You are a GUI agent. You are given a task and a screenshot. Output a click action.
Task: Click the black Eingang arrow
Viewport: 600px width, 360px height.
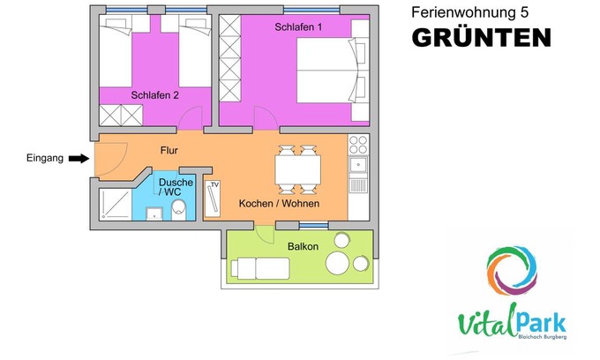tap(79, 159)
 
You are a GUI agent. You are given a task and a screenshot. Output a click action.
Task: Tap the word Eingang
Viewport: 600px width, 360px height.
tap(45, 158)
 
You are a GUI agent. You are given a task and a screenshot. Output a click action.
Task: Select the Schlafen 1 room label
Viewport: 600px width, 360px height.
tap(298, 27)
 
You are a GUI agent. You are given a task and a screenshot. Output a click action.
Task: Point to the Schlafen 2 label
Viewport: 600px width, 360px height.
tap(154, 95)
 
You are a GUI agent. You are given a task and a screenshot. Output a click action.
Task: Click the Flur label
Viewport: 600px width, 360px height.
tap(169, 150)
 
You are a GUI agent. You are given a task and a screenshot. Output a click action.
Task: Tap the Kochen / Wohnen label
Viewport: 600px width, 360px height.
tap(279, 204)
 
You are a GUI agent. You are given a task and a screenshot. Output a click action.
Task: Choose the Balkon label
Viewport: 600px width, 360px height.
tap(303, 246)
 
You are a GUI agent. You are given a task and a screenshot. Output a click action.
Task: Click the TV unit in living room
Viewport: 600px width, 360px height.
tap(213, 199)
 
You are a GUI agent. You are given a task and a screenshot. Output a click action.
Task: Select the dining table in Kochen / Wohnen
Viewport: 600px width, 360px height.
tap(297, 170)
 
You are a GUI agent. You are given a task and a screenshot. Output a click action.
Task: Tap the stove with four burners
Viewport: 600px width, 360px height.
tap(358, 145)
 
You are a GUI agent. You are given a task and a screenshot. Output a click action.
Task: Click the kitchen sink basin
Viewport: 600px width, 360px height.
tap(358, 165)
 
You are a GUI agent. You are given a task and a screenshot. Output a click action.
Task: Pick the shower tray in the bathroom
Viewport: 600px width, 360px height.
tap(116, 205)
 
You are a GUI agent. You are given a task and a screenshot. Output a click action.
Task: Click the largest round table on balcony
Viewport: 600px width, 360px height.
tap(337, 263)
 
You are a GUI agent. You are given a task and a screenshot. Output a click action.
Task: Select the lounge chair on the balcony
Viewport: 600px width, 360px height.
tap(260, 268)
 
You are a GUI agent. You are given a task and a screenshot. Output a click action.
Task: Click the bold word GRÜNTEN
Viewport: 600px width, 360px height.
tap(482, 37)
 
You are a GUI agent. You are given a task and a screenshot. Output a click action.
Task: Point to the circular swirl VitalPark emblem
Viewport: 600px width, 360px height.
tap(512, 271)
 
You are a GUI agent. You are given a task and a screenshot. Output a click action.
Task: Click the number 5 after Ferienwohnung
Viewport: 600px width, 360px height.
tap(524, 12)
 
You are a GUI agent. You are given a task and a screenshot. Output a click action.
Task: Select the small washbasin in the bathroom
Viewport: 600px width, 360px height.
tap(154, 214)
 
